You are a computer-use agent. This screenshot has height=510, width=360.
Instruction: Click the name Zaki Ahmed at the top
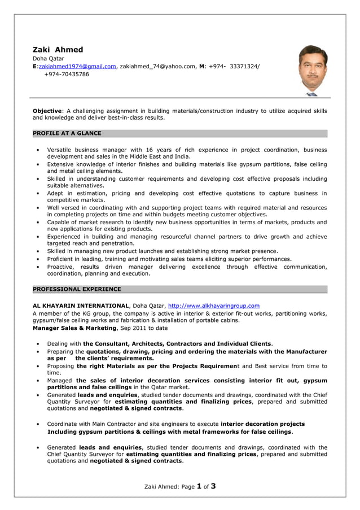58,50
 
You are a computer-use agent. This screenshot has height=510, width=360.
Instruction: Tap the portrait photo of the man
312,70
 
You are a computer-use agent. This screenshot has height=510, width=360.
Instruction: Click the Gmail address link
77,66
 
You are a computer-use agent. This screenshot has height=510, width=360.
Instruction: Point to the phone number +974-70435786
67,74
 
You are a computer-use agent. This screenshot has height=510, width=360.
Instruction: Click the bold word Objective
47,111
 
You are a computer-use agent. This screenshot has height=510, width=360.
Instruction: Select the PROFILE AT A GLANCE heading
67,133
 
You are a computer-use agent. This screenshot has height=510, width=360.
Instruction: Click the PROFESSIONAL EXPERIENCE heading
77,289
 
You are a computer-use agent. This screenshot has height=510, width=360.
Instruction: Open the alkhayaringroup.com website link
214,306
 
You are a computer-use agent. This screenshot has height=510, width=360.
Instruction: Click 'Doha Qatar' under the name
49,58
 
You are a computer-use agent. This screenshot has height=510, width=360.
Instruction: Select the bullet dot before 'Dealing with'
37,343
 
